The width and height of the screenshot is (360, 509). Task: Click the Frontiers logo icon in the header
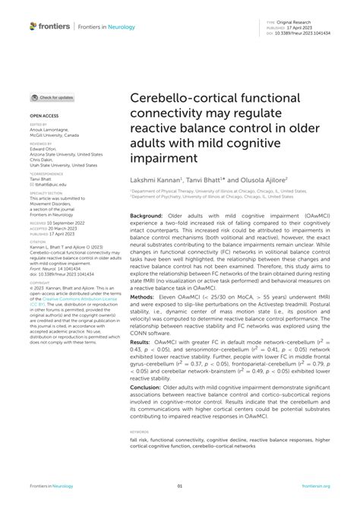(x=33, y=26)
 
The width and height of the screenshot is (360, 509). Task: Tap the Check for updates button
(x=52, y=97)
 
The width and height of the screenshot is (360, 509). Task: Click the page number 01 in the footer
(x=180, y=487)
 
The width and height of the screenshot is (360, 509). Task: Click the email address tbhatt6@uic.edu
(x=48, y=184)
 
